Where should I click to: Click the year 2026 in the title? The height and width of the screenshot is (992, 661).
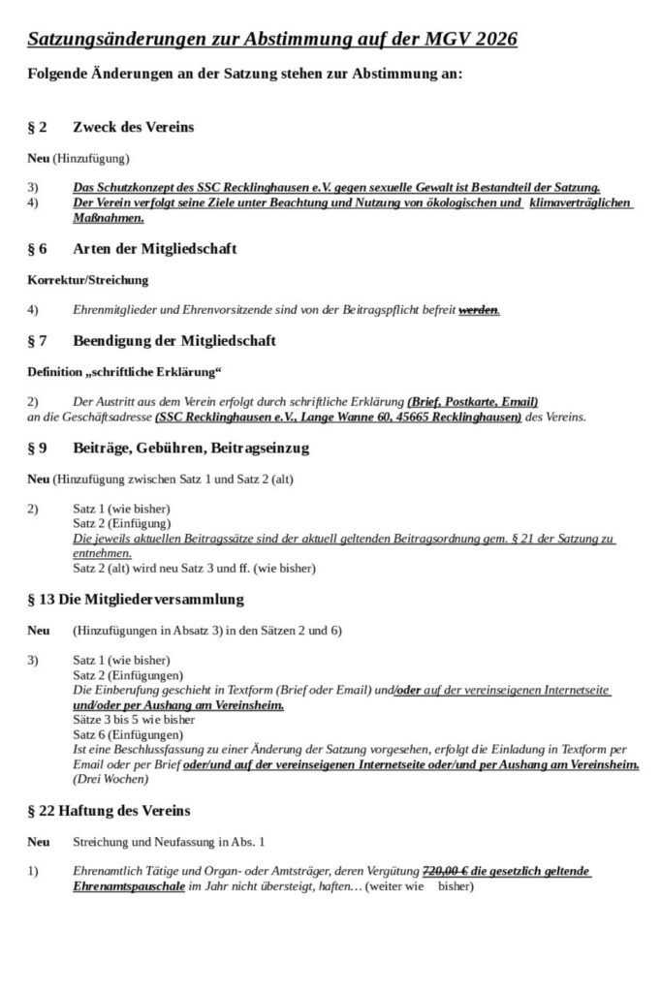(x=488, y=39)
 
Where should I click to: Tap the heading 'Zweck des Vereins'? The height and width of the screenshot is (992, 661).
(x=134, y=127)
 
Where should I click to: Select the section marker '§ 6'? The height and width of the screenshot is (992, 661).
(x=37, y=249)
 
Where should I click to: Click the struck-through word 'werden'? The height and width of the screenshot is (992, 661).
(x=478, y=310)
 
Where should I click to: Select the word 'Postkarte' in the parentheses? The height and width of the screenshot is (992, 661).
(x=471, y=401)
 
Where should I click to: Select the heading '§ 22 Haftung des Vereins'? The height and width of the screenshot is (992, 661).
(x=109, y=810)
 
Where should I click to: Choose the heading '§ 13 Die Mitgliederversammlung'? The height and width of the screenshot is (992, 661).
(x=135, y=599)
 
